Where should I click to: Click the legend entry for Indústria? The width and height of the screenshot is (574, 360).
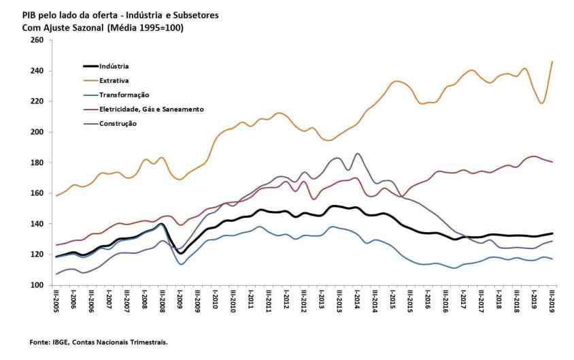[114, 66]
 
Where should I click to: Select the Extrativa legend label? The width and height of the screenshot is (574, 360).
[113, 80]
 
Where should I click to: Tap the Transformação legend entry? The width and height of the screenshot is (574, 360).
[124, 95]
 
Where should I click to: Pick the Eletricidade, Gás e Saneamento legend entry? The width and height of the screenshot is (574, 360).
[151, 109]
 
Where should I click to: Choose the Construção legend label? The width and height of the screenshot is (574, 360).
[118, 123]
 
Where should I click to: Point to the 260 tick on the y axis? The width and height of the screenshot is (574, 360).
[37, 40]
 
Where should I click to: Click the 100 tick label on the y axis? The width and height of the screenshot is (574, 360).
[37, 285]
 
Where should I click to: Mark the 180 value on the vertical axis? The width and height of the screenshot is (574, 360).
[37, 163]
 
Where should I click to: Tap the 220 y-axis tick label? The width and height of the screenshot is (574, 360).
[37, 101]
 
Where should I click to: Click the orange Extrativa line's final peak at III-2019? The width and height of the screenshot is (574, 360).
[552, 62]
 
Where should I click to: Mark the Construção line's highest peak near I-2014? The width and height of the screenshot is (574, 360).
[358, 153]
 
